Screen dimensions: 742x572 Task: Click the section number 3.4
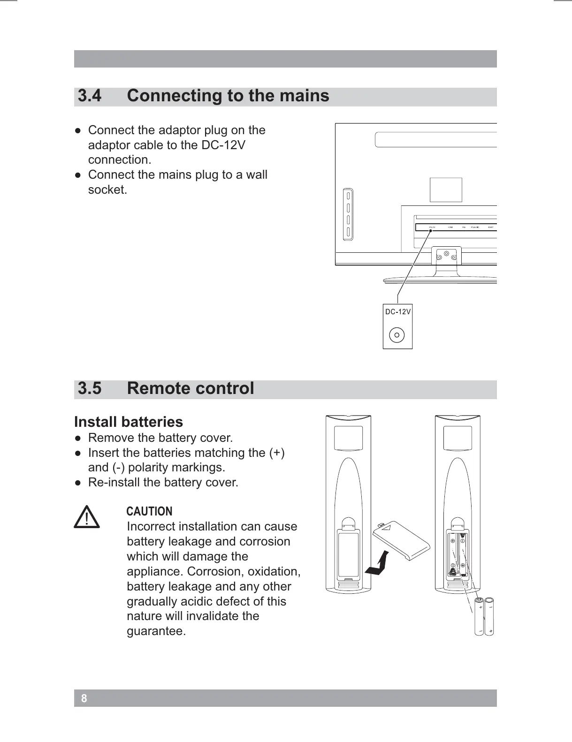click(90, 96)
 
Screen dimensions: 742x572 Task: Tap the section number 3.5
click(90, 389)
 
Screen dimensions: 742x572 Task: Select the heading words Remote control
click(191, 389)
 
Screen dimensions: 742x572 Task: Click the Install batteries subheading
click(129, 422)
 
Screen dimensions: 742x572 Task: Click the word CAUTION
click(149, 511)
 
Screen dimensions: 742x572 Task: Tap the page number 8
click(84, 698)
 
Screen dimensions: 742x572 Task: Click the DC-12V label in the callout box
click(397, 312)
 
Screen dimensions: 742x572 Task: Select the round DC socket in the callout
click(397, 335)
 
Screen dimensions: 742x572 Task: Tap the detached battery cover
click(401, 540)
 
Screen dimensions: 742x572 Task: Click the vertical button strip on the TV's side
click(348, 214)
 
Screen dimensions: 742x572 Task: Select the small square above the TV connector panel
click(446, 190)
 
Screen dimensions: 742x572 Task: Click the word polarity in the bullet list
click(148, 468)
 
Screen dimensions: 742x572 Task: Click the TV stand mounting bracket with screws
click(446, 256)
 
